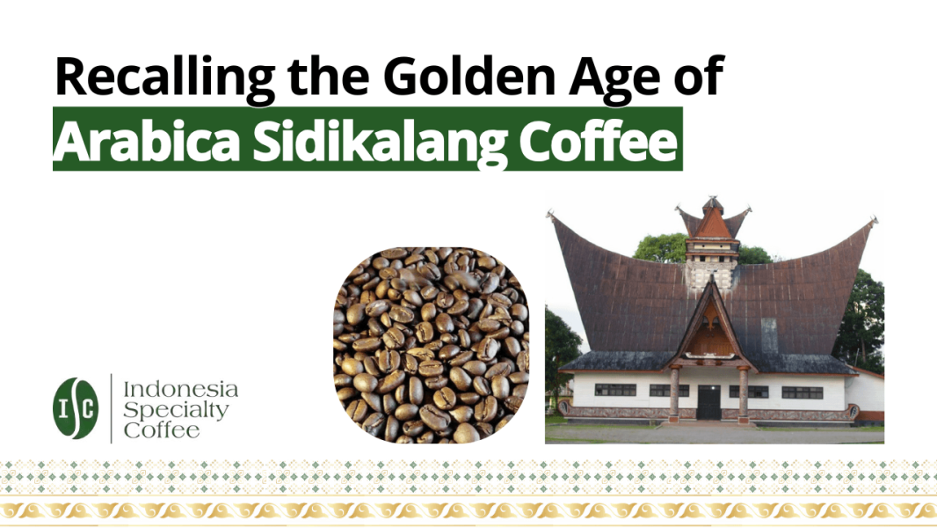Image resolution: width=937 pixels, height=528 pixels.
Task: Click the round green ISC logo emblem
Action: click(76, 407)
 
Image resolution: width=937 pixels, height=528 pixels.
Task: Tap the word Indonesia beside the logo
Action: click(180, 388)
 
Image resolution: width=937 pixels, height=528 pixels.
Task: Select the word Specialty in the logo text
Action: click(176, 409)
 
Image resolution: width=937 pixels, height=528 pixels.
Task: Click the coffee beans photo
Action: click(431, 345)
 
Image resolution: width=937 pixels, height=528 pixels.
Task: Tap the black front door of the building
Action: click(708, 402)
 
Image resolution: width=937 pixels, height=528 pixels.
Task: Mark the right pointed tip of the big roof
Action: click(873, 221)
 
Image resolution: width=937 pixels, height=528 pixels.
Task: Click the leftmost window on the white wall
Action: click(615, 390)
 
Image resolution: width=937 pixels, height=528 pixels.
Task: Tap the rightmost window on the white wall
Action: click(803, 392)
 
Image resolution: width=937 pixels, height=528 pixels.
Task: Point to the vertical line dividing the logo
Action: click(111, 407)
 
